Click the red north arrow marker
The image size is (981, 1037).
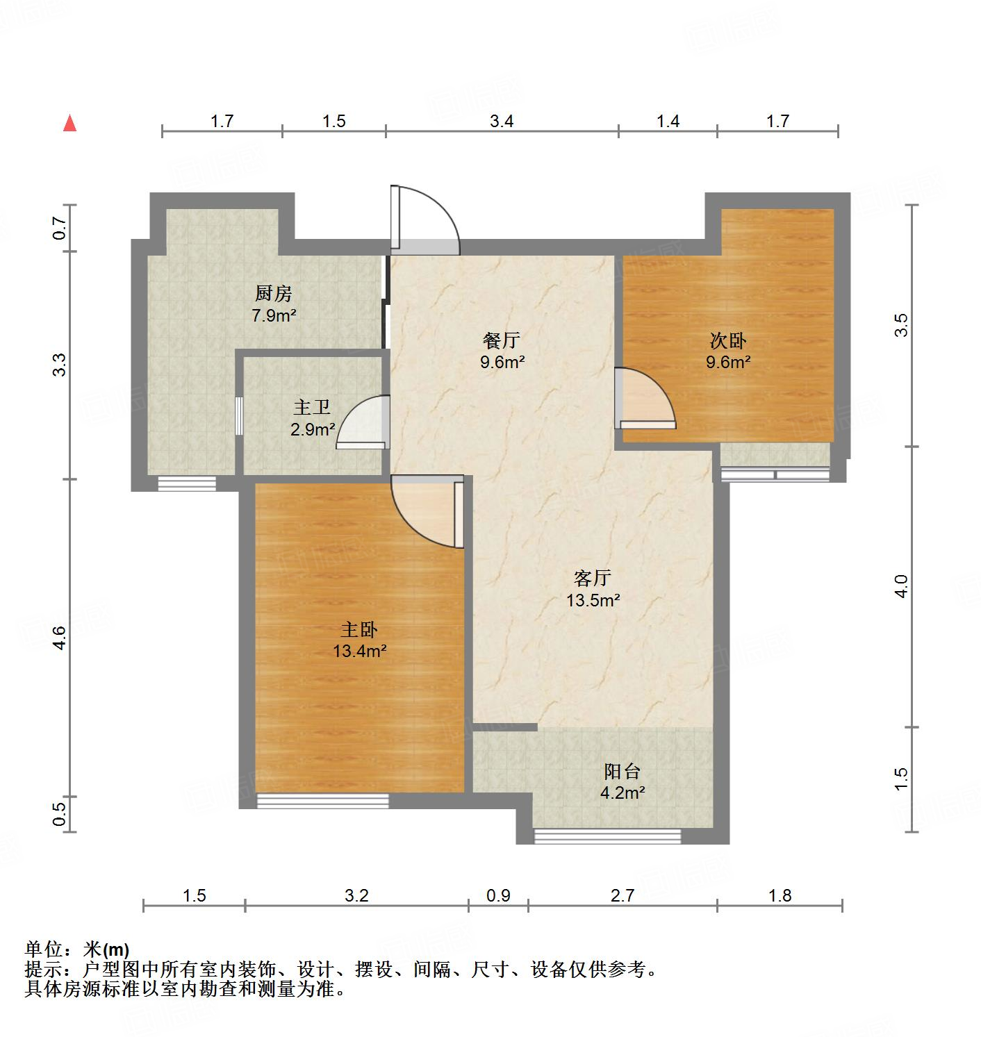tap(69, 124)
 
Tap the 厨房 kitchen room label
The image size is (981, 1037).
tap(274, 294)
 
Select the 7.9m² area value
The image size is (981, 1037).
tap(274, 316)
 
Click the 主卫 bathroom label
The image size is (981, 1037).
tap(312, 408)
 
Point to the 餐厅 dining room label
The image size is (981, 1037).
tap(502, 340)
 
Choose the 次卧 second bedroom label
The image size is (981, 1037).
tap(728, 340)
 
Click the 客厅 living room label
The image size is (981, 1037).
tap(593, 577)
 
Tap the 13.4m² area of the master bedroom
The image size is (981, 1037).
tap(359, 652)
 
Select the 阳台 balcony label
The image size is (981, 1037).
tap(623, 771)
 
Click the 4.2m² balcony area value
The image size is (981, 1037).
tap(623, 793)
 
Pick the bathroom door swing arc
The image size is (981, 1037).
tap(363, 421)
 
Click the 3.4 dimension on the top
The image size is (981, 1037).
tap(502, 122)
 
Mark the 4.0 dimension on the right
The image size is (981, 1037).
tap(901, 586)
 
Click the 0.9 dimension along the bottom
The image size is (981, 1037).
tap(498, 895)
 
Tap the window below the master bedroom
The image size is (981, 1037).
tap(322, 801)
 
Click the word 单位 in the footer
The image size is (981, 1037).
tap(43, 949)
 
